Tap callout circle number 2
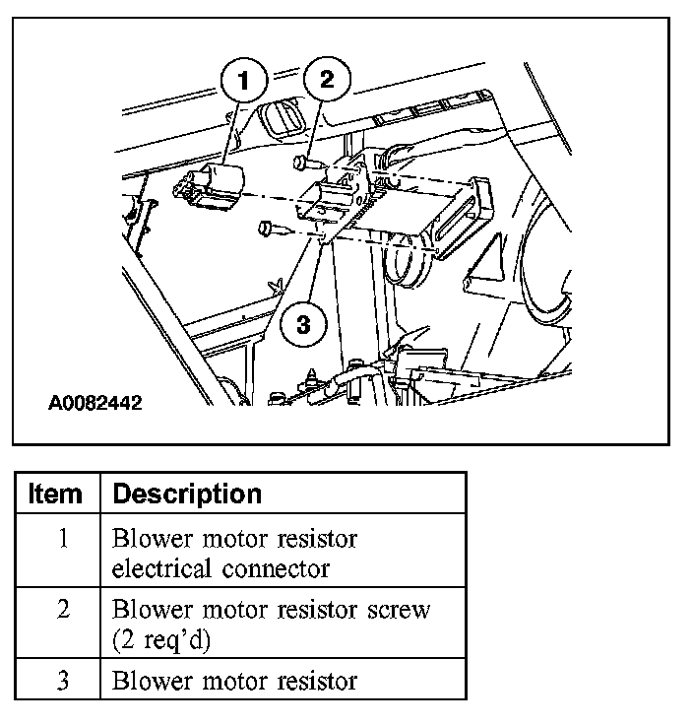pyautogui.click(x=327, y=79)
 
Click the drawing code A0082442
pyautogui.click(x=94, y=403)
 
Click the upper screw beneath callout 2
pyautogui.click(x=302, y=160)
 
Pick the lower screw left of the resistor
pyautogui.click(x=273, y=230)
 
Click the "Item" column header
pyautogui.click(x=57, y=494)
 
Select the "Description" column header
pyautogui.click(x=188, y=494)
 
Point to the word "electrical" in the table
pyautogui.click(x=162, y=569)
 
